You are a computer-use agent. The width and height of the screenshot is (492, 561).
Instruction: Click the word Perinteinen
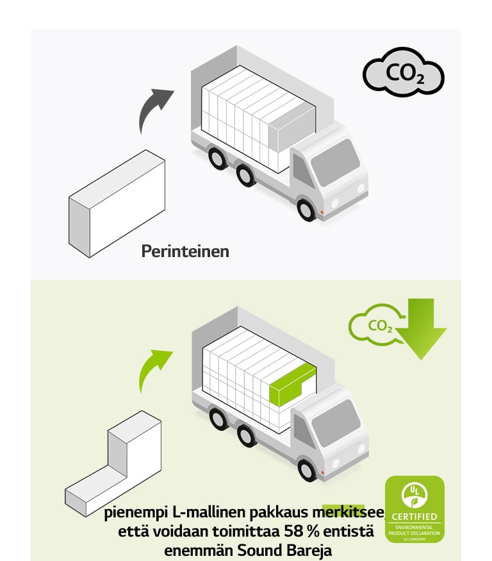(184, 251)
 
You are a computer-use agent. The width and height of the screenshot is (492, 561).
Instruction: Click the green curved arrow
(154, 369)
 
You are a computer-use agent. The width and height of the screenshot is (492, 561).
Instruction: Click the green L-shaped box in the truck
(291, 382)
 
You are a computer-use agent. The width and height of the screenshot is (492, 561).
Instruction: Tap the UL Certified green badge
(414, 509)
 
